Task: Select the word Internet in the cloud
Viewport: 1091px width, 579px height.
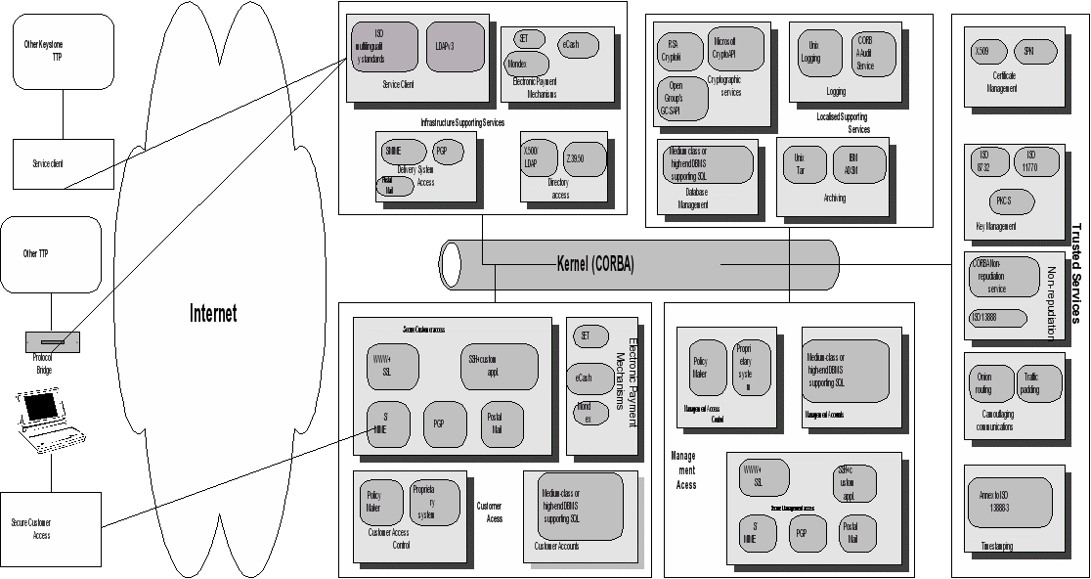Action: click(x=213, y=314)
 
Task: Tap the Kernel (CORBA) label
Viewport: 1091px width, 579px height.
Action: click(x=595, y=264)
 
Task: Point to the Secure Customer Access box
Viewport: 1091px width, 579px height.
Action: click(x=51, y=529)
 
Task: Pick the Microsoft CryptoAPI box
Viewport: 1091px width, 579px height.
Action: click(x=735, y=48)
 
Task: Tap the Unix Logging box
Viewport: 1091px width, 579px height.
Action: click(x=811, y=52)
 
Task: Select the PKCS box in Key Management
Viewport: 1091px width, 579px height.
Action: click(x=1004, y=201)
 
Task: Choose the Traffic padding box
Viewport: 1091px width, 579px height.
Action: click(x=1038, y=383)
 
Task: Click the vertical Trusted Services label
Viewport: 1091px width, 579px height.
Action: click(x=1076, y=273)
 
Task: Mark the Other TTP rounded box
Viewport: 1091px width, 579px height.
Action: click(x=51, y=254)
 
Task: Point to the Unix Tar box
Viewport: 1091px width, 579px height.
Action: click(x=802, y=163)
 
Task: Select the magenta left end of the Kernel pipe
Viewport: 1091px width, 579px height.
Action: click(x=451, y=263)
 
